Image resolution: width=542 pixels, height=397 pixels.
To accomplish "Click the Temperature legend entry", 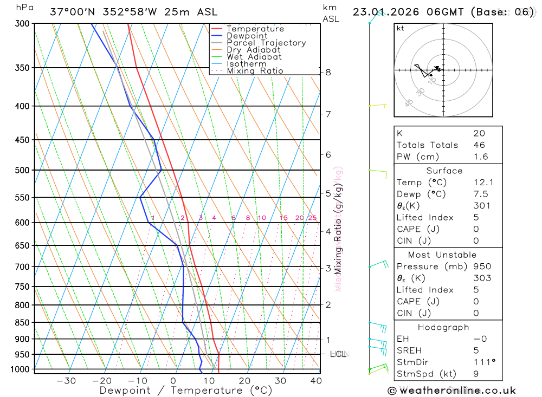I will (255, 29).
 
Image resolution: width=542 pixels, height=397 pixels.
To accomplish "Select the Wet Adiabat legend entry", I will (254, 57).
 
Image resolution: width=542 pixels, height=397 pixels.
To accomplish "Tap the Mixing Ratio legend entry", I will (255, 71).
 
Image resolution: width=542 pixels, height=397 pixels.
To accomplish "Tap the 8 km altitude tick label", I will (328, 72).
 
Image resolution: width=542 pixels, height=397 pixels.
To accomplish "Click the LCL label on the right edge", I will (338, 354).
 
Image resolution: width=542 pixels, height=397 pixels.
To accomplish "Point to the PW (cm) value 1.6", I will (480, 157).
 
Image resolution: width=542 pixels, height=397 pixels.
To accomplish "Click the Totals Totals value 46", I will (479, 145).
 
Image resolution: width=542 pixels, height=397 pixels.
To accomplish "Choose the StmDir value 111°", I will (481, 362).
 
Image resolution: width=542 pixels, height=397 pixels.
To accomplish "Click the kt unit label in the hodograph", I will (401, 28).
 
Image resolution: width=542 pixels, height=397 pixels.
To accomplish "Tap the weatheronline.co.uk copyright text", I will (451, 391).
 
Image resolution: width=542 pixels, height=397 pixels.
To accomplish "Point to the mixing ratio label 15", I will (283, 218).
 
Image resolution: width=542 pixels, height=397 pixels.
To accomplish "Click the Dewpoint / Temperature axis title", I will (185, 390).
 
